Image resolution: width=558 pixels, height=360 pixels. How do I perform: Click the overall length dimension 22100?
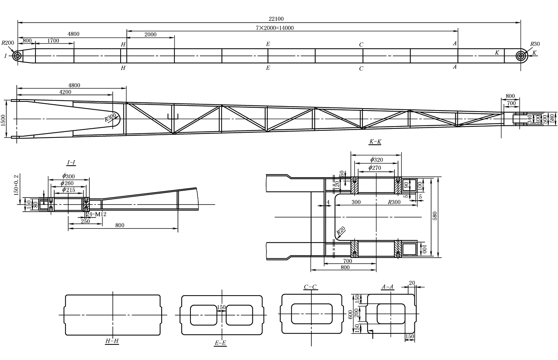[x=276, y=19]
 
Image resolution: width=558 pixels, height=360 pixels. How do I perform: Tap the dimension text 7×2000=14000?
[x=275, y=28]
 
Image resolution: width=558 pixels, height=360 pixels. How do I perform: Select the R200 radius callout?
[x=8, y=43]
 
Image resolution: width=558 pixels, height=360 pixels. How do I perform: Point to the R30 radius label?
[x=535, y=44]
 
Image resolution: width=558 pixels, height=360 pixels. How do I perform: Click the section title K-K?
[x=375, y=142]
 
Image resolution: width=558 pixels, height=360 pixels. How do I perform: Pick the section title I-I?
[x=71, y=162]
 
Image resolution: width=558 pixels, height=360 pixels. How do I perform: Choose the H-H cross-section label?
[x=112, y=341]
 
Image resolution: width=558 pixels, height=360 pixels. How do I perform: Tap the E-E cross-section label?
[x=220, y=343]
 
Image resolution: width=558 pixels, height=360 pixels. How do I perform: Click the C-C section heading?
[x=310, y=287]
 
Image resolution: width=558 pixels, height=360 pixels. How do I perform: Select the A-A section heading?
[x=387, y=287]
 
